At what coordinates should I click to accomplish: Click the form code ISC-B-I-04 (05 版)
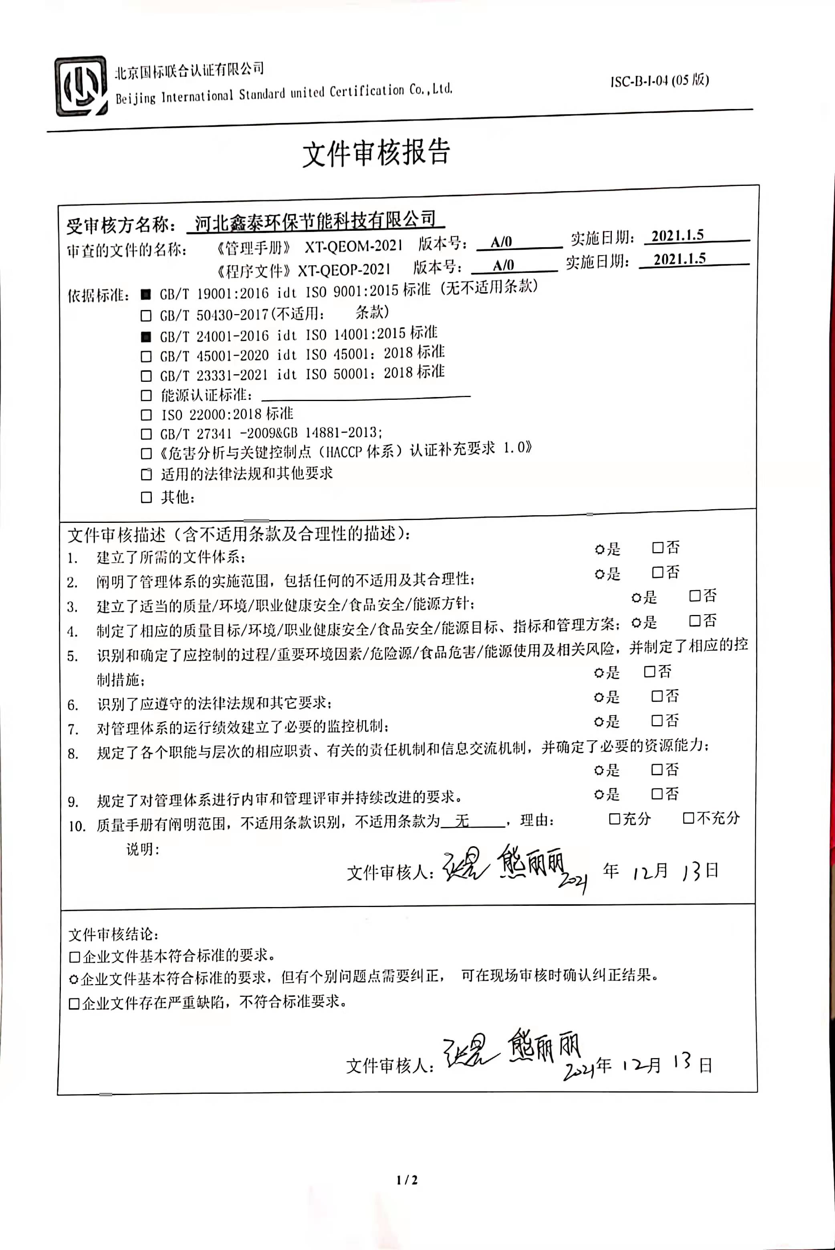click(659, 81)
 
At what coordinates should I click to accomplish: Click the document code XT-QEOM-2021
click(354, 246)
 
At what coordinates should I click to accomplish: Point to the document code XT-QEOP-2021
click(343, 269)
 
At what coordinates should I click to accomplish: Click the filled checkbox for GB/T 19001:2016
click(146, 294)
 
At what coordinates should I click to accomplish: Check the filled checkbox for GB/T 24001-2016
click(146, 337)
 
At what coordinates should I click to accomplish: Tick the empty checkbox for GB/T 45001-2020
click(146, 356)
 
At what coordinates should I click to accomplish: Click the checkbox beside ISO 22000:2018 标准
click(146, 415)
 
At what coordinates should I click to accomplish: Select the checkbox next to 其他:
click(146, 497)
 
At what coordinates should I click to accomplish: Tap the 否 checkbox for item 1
click(658, 547)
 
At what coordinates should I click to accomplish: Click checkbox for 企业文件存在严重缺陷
click(75, 1004)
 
